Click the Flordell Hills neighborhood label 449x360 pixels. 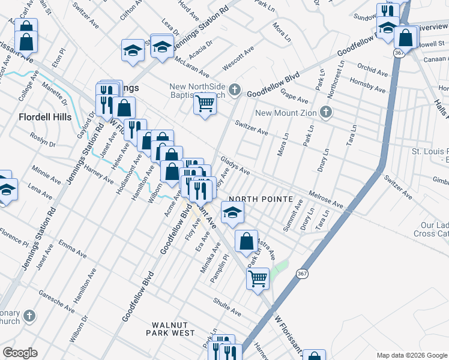pos(45,117)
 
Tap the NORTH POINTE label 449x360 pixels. pos(260,199)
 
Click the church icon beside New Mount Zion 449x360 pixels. pos(325,112)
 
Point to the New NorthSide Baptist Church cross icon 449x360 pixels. pos(235,91)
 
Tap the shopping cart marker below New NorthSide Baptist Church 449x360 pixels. pos(205,104)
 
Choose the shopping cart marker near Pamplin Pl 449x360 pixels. pos(258,278)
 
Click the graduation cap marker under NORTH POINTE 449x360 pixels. pos(232,212)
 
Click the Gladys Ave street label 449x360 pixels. pos(235,166)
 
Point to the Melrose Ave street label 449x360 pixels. pos(325,200)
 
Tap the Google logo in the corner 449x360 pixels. pos(20,353)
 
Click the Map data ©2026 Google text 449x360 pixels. pos(412,355)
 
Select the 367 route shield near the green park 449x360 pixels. pos(301,273)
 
